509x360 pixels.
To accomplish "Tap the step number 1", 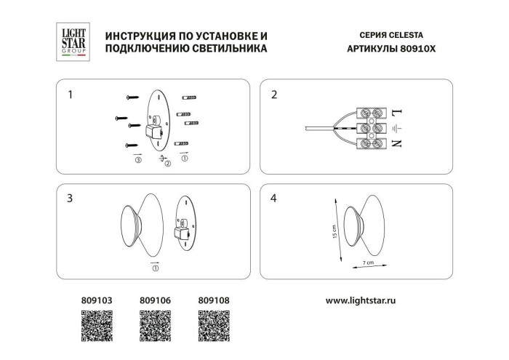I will (70, 95).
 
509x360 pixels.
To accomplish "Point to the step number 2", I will (273, 95).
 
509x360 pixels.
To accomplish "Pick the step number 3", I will (70, 198).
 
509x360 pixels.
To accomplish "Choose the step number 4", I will (273, 198).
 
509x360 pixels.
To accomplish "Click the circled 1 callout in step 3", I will (154, 268).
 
